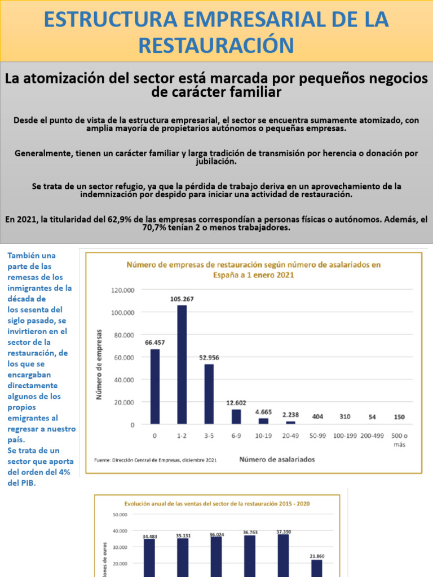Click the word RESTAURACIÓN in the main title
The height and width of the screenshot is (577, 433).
pos(216,45)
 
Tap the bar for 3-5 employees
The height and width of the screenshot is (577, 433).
pos(209,394)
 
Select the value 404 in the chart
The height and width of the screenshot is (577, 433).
pos(318,416)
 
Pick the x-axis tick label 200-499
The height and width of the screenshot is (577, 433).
pos(373,436)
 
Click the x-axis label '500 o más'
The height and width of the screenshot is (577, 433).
pos(399,440)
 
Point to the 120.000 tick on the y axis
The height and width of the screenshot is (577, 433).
pos(122,290)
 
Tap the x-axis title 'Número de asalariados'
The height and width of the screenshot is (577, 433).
pos(277,459)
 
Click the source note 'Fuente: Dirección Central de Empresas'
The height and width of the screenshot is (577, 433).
pos(156,460)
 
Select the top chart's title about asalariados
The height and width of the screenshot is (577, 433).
pos(253,269)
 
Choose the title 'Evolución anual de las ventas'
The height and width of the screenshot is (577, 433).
pos(216,503)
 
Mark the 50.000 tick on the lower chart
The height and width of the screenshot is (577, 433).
pos(120,514)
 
